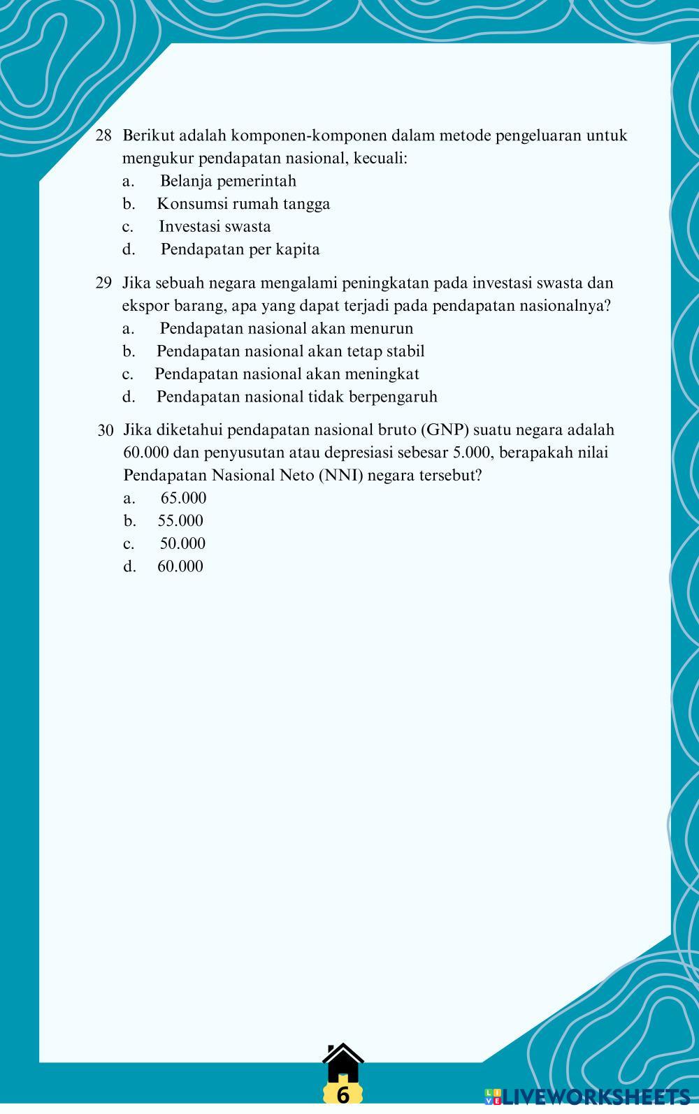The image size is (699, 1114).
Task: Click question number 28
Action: [103, 135]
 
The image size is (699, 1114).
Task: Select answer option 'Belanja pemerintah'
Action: [228, 181]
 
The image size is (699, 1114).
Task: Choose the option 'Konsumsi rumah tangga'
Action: [243, 204]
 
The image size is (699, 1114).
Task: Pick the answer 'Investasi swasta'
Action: [215, 226]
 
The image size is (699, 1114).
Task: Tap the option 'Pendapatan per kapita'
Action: [240, 249]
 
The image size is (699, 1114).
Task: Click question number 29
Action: [103, 283]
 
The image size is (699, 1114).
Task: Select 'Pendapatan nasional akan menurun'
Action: [286, 328]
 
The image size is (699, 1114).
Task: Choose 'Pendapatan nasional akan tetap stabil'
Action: [290, 351]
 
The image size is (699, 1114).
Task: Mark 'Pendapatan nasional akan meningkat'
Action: [287, 374]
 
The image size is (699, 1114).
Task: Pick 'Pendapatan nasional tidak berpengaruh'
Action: [296, 397]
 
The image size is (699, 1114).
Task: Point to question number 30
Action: [106, 430]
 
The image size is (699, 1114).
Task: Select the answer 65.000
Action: [183, 498]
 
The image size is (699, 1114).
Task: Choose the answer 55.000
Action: [180, 520]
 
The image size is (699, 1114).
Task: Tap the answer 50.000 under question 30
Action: [182, 543]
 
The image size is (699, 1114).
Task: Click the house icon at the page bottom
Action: [343, 1064]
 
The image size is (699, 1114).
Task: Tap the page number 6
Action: [343, 1094]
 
